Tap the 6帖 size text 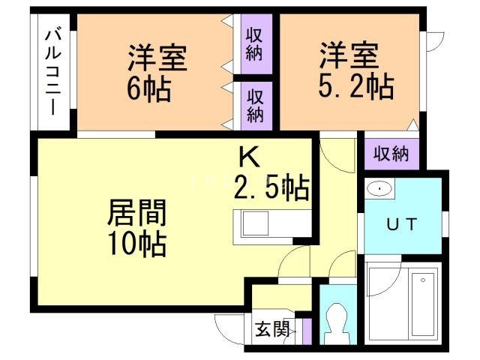[x=148, y=88]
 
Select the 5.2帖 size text [x=355, y=87]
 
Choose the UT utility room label [x=402, y=223]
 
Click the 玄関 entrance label [x=271, y=329]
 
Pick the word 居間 [x=136, y=213]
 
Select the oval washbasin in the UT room [x=381, y=190]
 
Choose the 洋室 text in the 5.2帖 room [x=350, y=56]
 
